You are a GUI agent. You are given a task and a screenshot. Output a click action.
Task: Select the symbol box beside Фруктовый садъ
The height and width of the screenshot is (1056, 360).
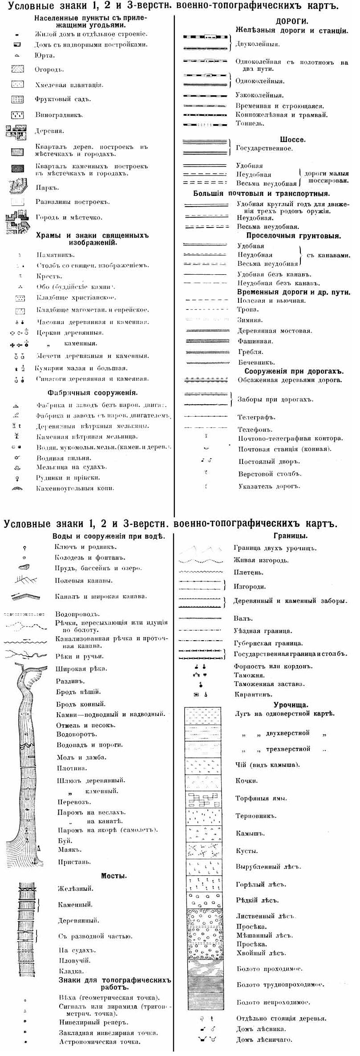click(17, 99)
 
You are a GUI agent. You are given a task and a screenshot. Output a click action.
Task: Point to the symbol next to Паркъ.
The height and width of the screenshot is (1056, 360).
click(17, 187)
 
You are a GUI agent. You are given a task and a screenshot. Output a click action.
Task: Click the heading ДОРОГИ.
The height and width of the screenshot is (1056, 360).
click(292, 21)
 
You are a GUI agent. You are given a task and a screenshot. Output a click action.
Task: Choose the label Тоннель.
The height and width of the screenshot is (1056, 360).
click(250, 123)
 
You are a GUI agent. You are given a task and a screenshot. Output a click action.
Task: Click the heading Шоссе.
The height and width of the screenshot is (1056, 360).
click(292, 139)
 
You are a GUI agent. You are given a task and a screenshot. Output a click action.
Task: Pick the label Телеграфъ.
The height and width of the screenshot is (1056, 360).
click(256, 417)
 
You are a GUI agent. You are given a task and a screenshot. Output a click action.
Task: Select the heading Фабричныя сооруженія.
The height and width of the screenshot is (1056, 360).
click(92, 393)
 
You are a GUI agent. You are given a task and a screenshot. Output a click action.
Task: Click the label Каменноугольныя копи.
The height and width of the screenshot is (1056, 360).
click(75, 488)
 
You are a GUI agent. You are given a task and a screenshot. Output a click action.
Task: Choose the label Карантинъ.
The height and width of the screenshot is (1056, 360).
click(253, 694)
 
